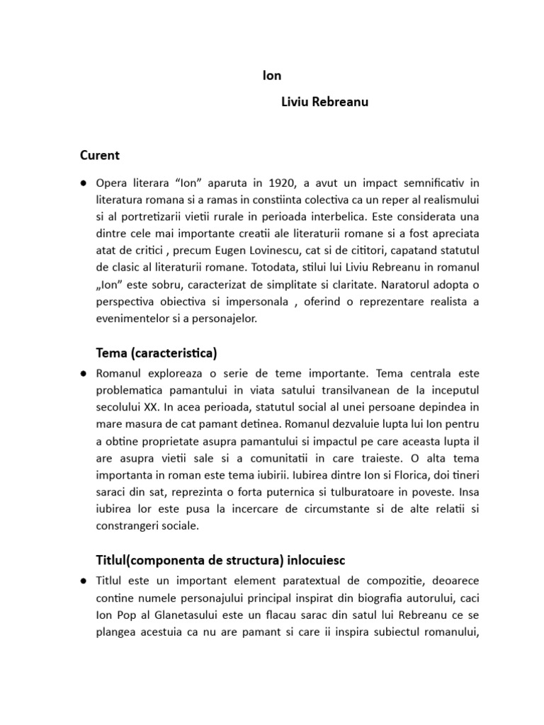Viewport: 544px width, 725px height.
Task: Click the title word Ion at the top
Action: coord(271,75)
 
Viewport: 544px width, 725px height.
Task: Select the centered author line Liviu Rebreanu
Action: coord(324,102)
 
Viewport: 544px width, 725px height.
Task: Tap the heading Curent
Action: coord(99,155)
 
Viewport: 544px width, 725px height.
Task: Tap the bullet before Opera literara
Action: coord(83,183)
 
